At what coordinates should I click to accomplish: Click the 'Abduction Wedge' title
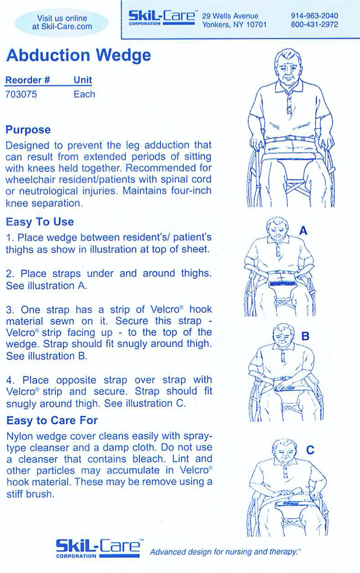78,56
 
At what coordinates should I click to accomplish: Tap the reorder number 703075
21,94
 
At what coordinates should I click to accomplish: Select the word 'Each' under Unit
84,94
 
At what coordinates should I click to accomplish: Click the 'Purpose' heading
28,129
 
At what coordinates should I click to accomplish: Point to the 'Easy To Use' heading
40,222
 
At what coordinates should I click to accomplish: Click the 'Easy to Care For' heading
51,421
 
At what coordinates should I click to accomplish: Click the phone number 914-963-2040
314,16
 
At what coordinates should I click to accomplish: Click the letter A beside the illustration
303,231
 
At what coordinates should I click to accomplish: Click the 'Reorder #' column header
28,80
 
